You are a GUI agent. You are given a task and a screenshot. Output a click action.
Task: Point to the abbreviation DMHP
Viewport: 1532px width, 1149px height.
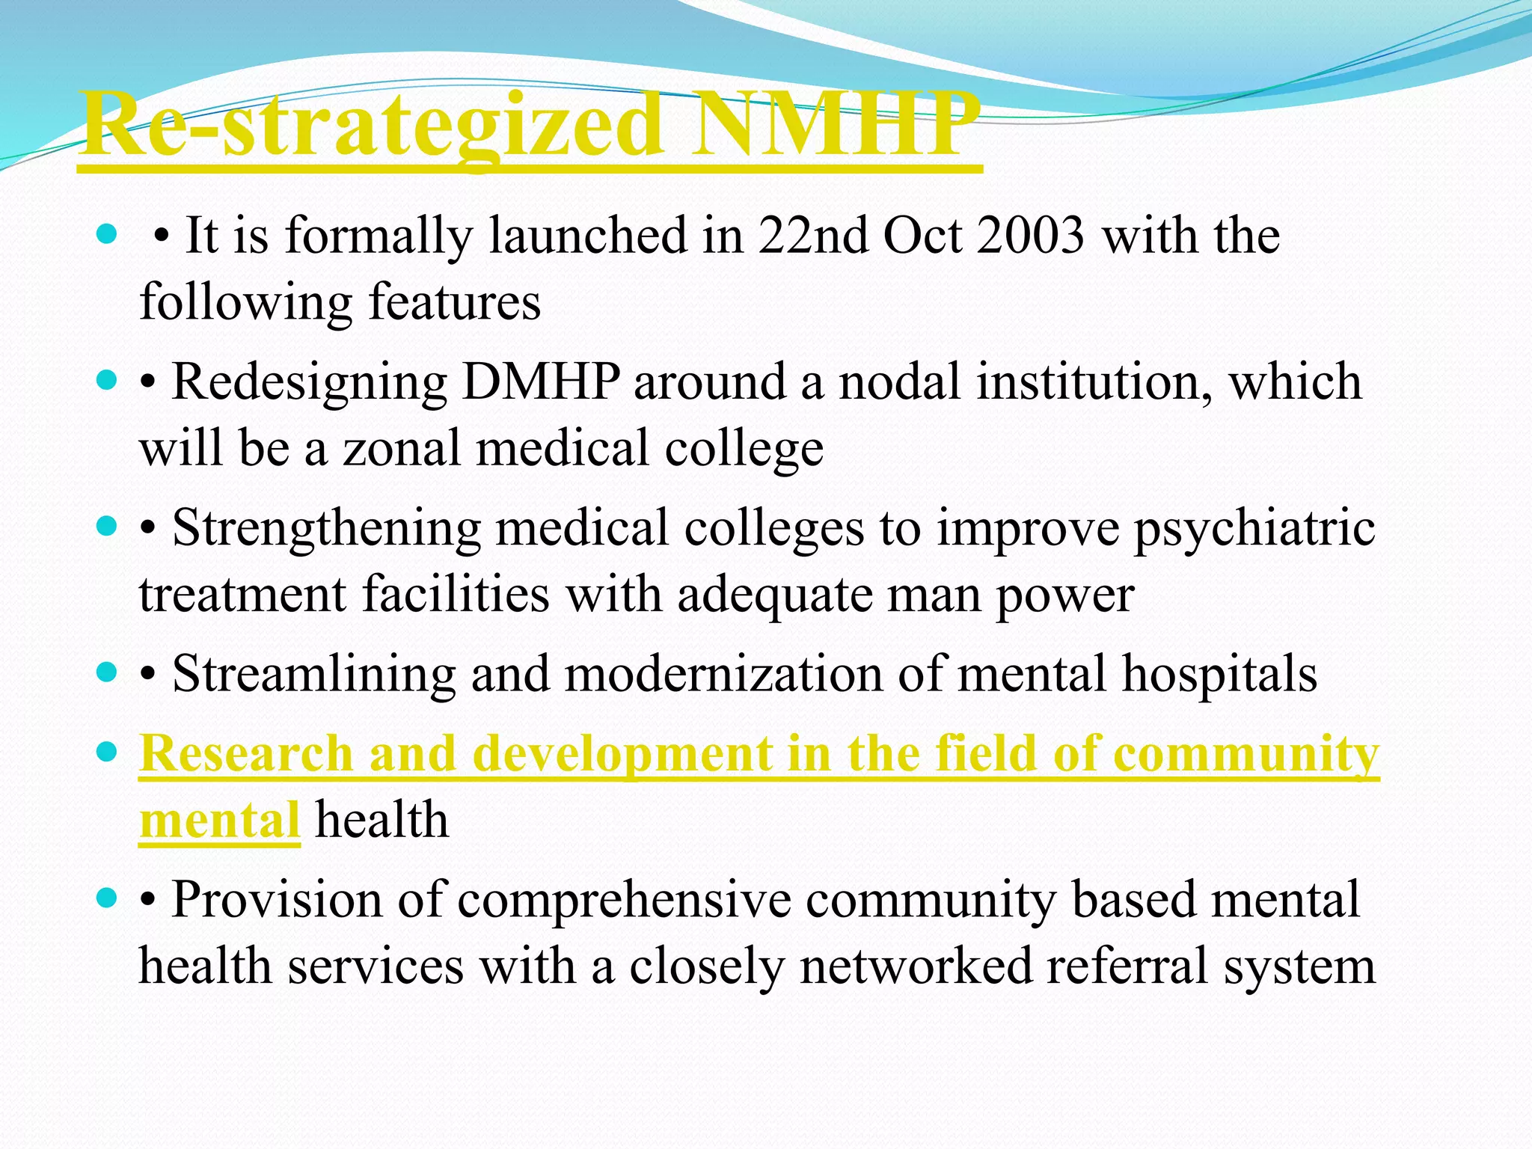[x=541, y=382]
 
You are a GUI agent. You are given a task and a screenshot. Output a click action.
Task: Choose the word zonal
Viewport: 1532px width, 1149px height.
[x=401, y=448]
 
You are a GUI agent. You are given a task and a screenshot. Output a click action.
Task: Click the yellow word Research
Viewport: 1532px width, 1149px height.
[x=246, y=753]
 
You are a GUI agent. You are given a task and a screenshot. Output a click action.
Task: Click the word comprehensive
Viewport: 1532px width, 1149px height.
[x=624, y=900]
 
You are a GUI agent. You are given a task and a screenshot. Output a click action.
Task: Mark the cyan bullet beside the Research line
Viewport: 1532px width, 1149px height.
[x=108, y=752]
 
